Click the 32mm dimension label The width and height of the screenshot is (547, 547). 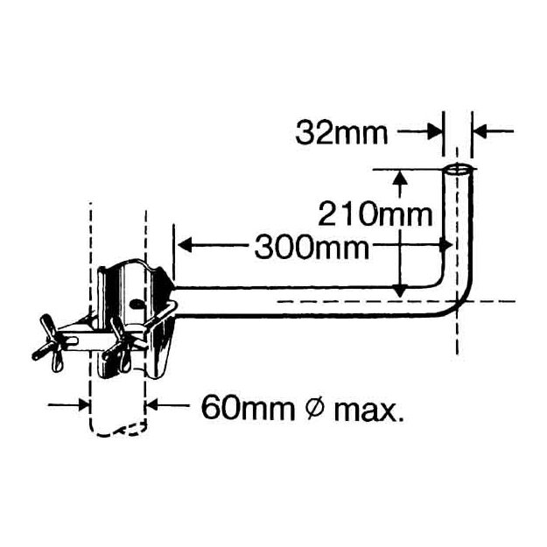click(x=341, y=133)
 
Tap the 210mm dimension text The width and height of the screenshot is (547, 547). click(x=375, y=214)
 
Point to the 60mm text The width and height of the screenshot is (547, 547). click(x=248, y=407)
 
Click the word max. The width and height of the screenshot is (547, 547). click(x=369, y=411)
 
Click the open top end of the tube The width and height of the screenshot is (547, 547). click(x=458, y=170)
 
